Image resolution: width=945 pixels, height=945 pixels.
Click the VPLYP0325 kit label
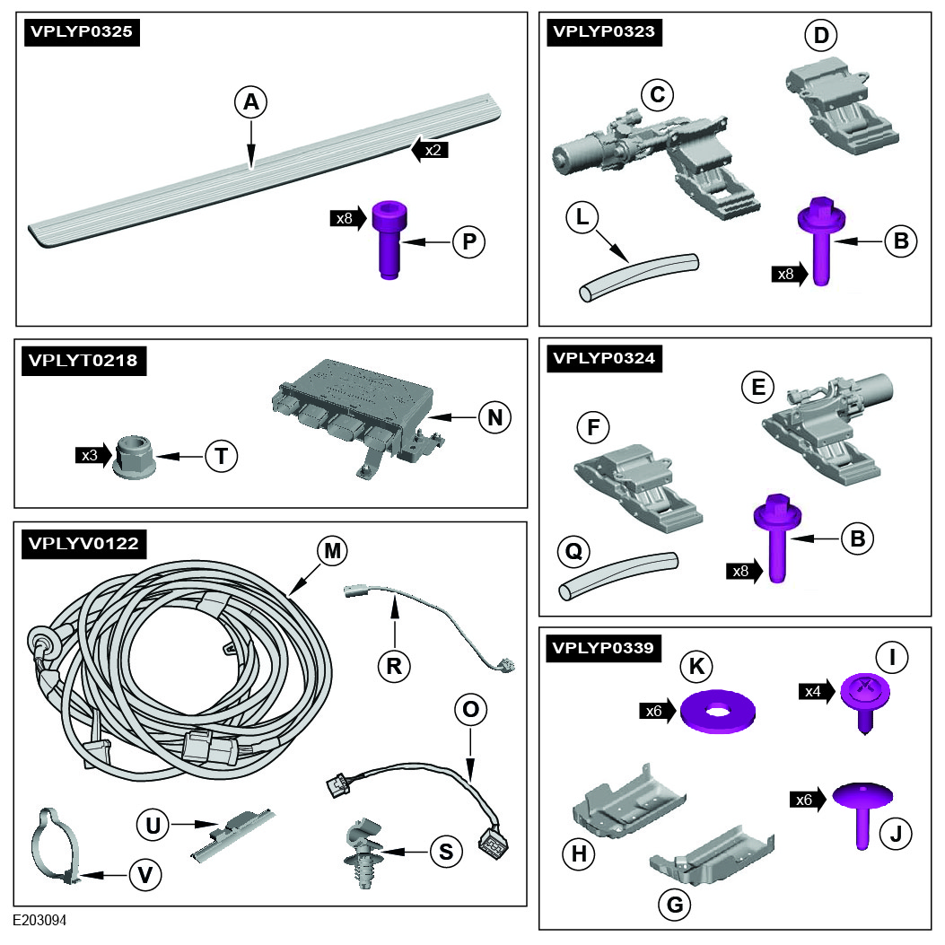pyautogui.click(x=81, y=33)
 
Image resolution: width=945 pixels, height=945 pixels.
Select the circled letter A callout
pyautogui.click(x=251, y=103)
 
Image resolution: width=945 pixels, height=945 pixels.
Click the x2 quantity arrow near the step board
pyautogui.click(x=429, y=150)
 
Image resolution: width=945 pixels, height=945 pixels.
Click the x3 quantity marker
pyautogui.click(x=93, y=455)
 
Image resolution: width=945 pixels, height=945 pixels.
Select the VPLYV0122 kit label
pyautogui.click(x=82, y=543)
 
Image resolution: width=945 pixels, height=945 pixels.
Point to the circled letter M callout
pyautogui.click(x=333, y=551)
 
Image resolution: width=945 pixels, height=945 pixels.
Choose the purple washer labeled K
pyautogui.click(x=717, y=710)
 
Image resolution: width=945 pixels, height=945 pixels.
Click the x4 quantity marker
pyautogui.click(x=818, y=690)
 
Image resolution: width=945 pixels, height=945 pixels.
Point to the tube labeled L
pyautogui.click(x=637, y=277)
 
